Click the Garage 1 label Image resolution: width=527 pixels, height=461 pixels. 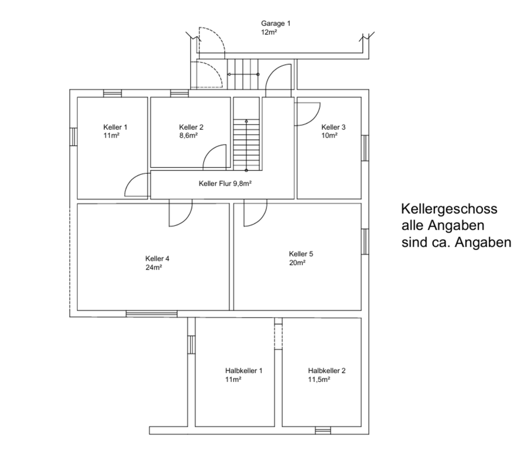pos(276,24)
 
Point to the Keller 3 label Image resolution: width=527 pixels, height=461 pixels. pos(333,127)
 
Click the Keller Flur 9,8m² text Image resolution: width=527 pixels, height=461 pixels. pos(225,184)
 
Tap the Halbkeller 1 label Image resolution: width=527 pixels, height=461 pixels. pos(243,371)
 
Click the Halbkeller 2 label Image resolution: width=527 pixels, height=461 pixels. pos(327,371)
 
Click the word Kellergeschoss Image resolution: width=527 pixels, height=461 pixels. pos(449,209)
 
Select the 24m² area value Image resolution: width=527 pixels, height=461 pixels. pos(153,268)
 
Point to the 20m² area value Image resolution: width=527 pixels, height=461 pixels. pos(297,263)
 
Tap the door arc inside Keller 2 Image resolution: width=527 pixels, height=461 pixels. pos(215,157)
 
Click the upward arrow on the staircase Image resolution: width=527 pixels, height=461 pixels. pos(246,122)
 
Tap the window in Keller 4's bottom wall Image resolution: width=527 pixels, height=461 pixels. pos(152,314)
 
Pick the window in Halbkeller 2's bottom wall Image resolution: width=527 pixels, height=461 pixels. pos(323,430)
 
